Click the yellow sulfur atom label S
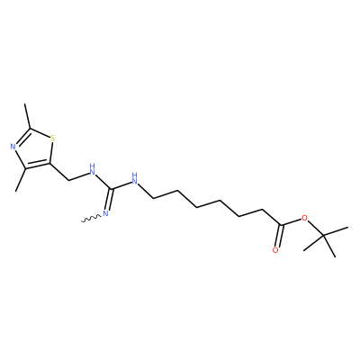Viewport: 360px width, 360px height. (x=53, y=139)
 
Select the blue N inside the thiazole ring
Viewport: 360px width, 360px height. (x=13, y=147)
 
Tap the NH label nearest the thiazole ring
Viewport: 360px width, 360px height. (x=92, y=169)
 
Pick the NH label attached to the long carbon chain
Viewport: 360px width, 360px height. (x=134, y=178)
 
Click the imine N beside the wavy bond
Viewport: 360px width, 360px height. (x=105, y=213)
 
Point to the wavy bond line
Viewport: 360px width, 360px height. (x=91, y=218)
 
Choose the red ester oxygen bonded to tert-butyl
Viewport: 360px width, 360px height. (x=305, y=218)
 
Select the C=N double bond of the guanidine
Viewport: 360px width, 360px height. (x=110, y=199)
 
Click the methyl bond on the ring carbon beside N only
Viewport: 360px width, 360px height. (x=21, y=180)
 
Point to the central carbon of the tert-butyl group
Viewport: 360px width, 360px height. (x=324, y=237)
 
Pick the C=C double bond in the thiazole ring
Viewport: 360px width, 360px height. (x=38, y=166)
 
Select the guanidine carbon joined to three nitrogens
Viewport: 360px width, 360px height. (x=112, y=189)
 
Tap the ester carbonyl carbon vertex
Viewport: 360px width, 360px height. (x=281, y=224)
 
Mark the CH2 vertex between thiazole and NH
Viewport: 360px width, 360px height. (x=69, y=181)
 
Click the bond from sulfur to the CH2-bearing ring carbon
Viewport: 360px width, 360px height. (x=51, y=153)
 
